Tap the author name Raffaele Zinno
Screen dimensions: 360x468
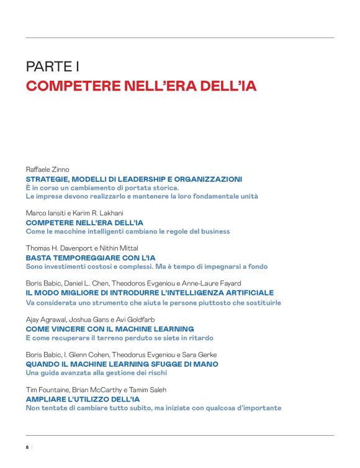coord(47,169)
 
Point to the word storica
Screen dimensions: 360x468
coord(163,187)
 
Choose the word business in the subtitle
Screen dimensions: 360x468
coord(214,232)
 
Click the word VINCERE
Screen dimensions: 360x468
coord(70,328)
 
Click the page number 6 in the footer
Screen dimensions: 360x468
coord(27,448)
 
